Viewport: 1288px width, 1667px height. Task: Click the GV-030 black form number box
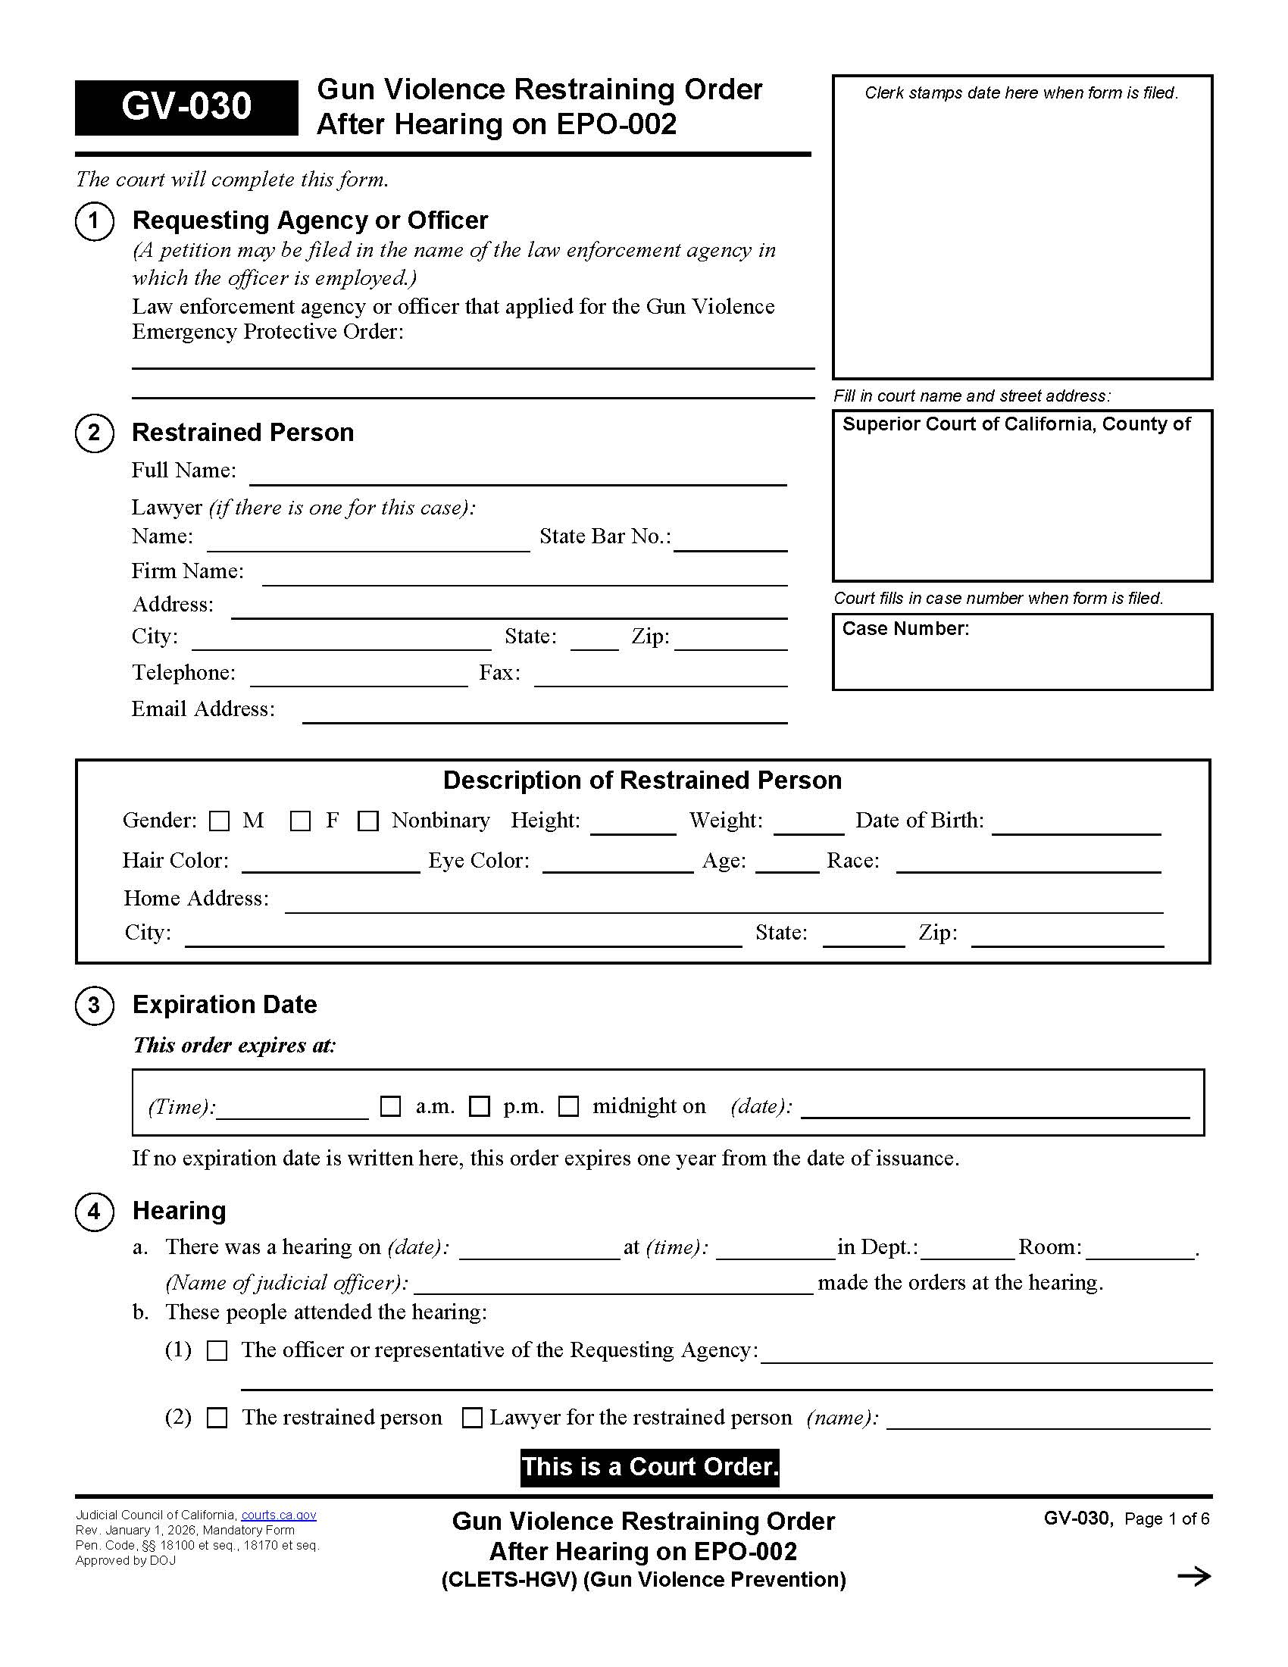click(x=186, y=107)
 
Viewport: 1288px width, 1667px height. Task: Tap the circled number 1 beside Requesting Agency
click(x=95, y=221)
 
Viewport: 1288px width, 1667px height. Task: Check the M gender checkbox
click(x=220, y=821)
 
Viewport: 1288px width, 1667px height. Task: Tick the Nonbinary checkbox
click(x=368, y=821)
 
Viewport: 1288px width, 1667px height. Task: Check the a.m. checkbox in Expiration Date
click(x=391, y=1106)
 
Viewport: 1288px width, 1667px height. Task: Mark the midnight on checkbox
click(x=569, y=1106)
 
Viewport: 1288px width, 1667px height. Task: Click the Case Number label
click(x=905, y=629)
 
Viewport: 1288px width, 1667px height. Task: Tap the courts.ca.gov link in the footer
click(x=279, y=1515)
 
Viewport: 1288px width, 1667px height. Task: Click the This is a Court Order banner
click(x=649, y=1467)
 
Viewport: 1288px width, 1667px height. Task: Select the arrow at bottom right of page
click(x=1193, y=1576)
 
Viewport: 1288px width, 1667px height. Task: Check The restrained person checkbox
click(x=218, y=1418)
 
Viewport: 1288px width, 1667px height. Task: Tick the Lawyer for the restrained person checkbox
click(x=473, y=1418)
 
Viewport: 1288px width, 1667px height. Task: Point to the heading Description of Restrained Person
click(x=642, y=780)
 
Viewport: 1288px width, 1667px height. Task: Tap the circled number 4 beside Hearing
click(x=95, y=1212)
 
